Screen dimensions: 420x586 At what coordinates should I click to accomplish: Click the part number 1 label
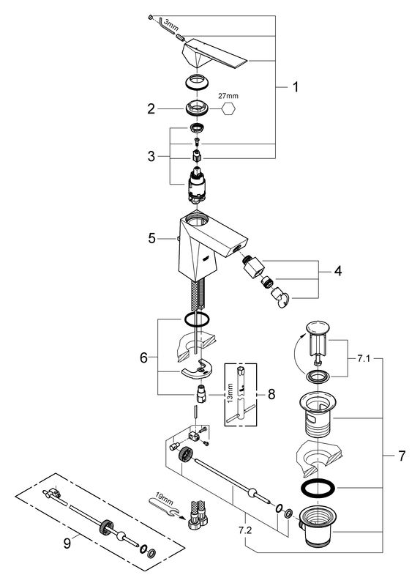[x=296, y=87]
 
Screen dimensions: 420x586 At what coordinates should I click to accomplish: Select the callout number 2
[x=151, y=108]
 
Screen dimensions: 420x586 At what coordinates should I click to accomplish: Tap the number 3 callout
[x=151, y=156]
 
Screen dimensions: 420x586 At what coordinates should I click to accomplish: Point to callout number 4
[x=338, y=271]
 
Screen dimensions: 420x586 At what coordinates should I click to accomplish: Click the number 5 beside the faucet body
[x=151, y=238]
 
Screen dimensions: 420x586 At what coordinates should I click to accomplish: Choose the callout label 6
[x=143, y=357]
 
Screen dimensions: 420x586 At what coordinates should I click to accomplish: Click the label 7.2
[x=247, y=530]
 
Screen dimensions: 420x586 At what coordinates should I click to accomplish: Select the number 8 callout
[x=271, y=393]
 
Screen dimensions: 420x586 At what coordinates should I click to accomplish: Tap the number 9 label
[x=67, y=543]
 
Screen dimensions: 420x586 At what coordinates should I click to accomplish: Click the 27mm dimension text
[x=228, y=96]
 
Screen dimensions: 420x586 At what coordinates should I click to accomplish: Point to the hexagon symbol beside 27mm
[x=228, y=108]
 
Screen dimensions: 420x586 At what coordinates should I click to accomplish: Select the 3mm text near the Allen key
[x=171, y=26]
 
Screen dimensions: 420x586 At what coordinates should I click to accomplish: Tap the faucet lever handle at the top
[x=214, y=53]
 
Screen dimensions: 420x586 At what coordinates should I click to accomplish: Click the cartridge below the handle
[x=197, y=186]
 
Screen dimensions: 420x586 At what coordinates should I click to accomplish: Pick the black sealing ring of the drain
[x=318, y=488]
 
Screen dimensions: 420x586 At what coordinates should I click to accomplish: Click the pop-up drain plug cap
[x=318, y=327]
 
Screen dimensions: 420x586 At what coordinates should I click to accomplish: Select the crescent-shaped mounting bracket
[x=197, y=369]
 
